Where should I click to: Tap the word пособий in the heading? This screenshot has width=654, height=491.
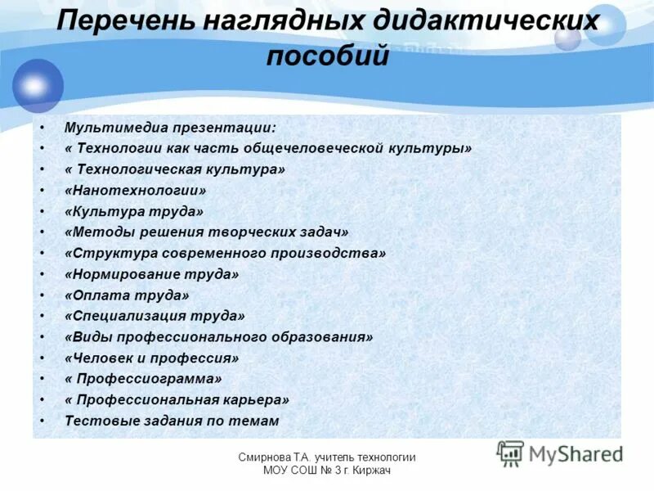(x=327, y=57)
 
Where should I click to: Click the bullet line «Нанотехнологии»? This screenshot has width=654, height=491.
(x=135, y=190)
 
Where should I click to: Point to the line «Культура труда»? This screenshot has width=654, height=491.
(x=133, y=211)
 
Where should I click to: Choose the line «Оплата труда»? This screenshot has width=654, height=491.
(x=127, y=295)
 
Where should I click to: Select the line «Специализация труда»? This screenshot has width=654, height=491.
(x=155, y=316)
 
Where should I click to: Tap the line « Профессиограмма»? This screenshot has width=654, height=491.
(x=143, y=379)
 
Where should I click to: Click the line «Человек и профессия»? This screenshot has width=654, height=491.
(x=151, y=358)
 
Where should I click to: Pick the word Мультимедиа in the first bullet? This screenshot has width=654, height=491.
(x=105, y=128)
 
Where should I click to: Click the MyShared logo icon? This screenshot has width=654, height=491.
(x=511, y=453)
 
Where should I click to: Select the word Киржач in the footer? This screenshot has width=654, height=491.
(x=374, y=471)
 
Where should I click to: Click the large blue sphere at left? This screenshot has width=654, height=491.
(x=38, y=85)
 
